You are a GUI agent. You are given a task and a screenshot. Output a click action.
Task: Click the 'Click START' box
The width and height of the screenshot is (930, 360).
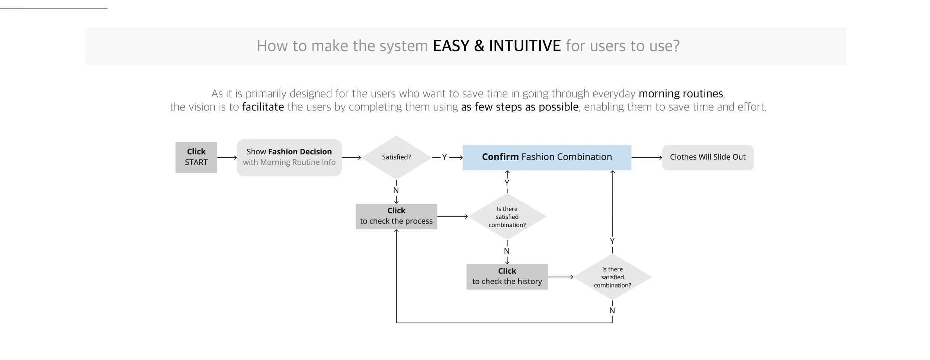[196, 157]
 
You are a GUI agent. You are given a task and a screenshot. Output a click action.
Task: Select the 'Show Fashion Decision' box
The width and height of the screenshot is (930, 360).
[289, 157]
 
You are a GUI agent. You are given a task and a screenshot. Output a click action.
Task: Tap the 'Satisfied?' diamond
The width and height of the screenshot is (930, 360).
[396, 157]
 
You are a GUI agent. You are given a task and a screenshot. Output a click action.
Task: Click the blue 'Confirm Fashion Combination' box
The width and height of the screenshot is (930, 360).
[547, 157]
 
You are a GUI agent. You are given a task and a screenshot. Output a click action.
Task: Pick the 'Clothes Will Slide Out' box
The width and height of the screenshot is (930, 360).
[708, 157]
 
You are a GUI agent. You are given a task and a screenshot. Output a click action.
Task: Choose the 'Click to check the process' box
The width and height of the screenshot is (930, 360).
[396, 216]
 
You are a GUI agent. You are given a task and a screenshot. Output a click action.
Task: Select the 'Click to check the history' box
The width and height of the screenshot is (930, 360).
[507, 277]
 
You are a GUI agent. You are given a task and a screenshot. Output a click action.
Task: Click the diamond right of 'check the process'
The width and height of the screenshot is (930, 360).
[507, 217]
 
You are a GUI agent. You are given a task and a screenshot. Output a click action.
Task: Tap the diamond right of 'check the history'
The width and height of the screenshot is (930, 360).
[612, 277]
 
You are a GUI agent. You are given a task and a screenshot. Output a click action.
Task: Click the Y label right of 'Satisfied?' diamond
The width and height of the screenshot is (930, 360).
[444, 157]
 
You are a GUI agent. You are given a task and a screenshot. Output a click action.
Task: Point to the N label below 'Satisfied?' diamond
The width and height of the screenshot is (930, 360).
[396, 190]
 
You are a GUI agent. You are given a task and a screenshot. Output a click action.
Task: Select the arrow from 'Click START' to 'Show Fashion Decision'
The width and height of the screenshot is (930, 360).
[227, 158]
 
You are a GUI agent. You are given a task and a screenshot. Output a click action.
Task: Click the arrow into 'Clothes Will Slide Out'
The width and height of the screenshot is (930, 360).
[647, 158]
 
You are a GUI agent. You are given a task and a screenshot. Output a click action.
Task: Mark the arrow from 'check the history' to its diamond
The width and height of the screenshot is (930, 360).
[561, 277]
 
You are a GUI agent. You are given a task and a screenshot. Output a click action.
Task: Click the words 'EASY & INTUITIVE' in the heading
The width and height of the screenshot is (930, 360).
[497, 46]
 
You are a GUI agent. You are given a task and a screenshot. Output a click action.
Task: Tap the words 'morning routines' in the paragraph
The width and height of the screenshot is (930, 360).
[681, 93]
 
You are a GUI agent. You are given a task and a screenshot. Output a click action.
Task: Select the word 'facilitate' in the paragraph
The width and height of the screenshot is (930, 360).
[263, 107]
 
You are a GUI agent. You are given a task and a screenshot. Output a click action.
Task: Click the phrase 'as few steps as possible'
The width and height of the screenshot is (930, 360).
[520, 107]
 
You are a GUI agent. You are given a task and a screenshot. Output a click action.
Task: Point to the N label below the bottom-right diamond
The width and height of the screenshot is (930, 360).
[612, 311]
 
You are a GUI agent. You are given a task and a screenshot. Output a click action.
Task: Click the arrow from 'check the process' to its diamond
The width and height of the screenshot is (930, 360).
[452, 216]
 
